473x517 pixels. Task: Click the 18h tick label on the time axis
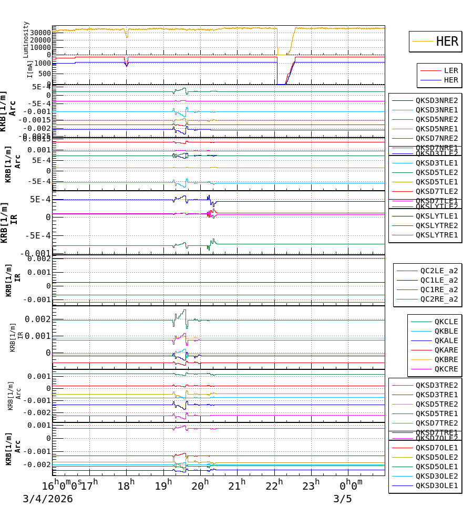126,485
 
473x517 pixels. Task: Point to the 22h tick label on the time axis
275,485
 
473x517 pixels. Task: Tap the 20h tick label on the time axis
200,485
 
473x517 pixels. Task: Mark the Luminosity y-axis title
26,39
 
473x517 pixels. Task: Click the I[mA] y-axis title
30,69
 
